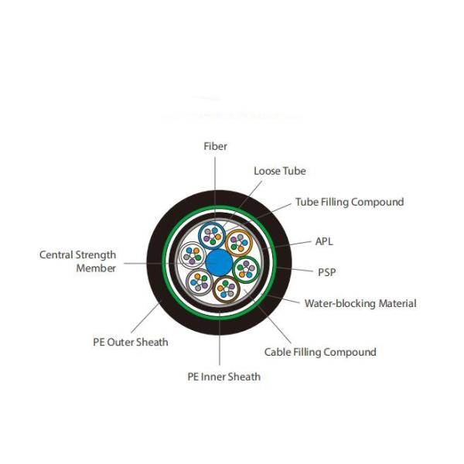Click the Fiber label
[216, 146]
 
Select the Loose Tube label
[279, 171]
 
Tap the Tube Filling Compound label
[350, 202]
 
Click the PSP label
[326, 272]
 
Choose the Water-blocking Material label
[360, 303]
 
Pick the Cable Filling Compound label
[320, 352]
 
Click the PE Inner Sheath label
[224, 377]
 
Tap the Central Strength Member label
[78, 261]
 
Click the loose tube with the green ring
[246, 269]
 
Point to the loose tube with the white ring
[191, 253]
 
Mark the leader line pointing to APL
[292, 245]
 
